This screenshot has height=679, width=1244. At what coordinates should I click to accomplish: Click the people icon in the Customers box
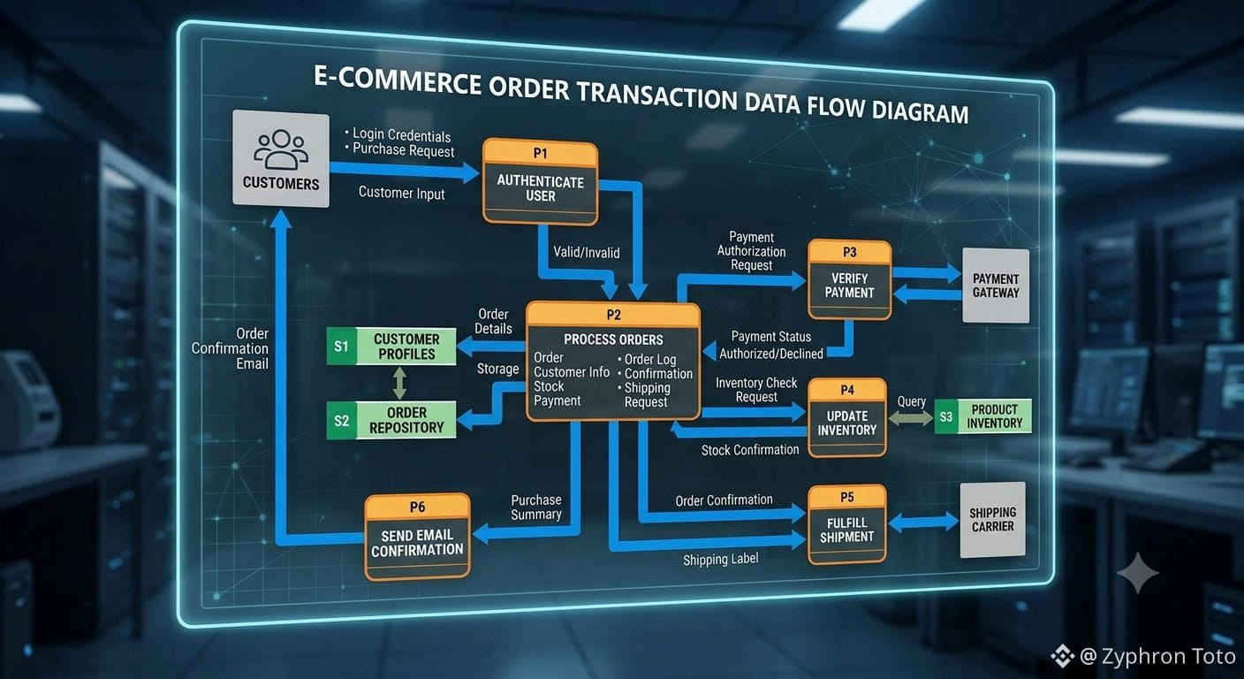coord(281,149)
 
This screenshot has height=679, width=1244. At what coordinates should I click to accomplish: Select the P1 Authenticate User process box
coord(541,182)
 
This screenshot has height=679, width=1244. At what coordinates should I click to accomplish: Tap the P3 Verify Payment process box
coord(850,279)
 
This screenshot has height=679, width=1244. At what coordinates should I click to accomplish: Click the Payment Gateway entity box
coord(996,285)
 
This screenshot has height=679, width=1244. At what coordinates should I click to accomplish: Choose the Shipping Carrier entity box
coord(993,520)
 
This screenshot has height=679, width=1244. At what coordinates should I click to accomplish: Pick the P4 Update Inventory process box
coord(847,417)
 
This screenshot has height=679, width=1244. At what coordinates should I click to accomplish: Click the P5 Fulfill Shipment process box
coord(847,524)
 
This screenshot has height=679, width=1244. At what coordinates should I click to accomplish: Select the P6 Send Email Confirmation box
coord(418,537)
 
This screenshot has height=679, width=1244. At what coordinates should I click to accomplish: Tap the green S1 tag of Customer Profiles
coord(342,347)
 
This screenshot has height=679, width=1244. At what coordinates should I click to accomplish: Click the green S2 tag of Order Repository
coord(342,420)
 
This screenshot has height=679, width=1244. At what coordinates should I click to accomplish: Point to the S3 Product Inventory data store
coord(983,416)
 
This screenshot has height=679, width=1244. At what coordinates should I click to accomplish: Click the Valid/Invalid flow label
coord(587,252)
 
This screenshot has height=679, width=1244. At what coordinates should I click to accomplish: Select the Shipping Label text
coord(720,559)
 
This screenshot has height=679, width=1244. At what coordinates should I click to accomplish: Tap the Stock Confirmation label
coord(750,449)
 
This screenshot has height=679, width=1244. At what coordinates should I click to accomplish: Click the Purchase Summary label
coord(536,507)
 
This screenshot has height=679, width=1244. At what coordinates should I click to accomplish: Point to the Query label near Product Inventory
coord(911,401)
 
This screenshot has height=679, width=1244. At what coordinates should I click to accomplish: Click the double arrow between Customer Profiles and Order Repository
coord(399,383)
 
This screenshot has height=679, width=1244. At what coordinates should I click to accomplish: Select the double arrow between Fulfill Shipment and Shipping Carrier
coord(923,523)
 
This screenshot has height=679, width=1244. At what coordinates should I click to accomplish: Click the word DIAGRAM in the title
coord(920,111)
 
